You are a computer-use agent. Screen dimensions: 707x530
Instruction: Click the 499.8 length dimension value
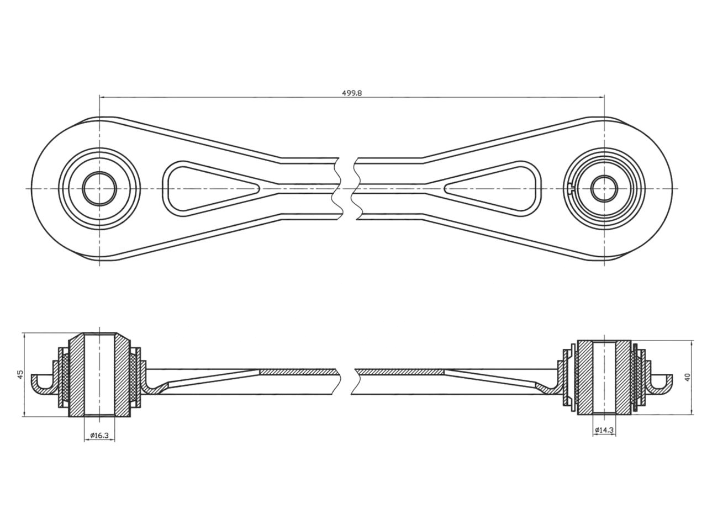click(352, 93)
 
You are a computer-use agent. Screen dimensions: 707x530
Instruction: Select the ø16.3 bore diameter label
click(99, 436)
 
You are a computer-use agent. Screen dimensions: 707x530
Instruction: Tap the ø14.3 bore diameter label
click(604, 430)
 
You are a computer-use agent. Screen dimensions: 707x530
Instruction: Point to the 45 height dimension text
click(20, 374)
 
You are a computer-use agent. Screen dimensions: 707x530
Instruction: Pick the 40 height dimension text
click(687, 377)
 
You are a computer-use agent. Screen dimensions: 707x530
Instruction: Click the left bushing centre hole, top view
click(99, 188)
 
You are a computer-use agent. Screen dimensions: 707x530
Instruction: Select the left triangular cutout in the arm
click(204, 188)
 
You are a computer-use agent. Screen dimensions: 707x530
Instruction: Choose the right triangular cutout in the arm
click(497, 188)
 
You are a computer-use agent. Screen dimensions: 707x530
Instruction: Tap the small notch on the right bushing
click(572, 189)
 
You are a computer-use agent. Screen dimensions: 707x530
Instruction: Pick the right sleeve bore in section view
click(604, 377)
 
